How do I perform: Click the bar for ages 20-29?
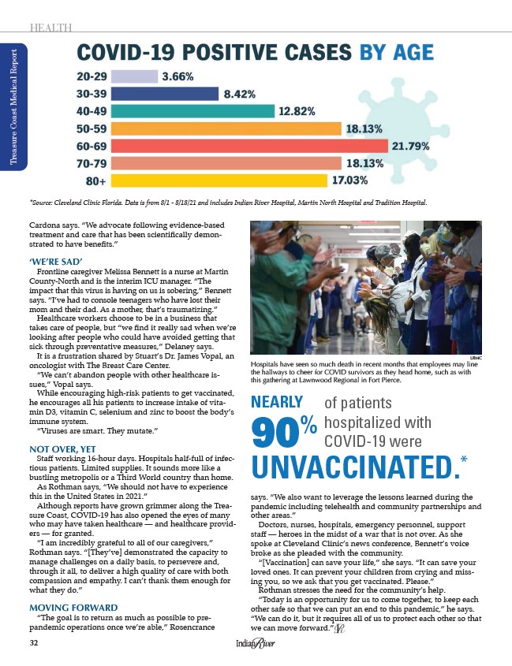[136, 77]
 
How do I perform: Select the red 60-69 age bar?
[251, 147]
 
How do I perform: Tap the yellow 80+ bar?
[220, 181]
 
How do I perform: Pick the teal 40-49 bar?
[194, 112]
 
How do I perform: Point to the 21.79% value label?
[411, 147]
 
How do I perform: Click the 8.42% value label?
[241, 95]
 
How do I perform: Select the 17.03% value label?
[350, 181]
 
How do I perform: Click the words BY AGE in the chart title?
[396, 53]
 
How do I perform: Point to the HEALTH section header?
[50, 28]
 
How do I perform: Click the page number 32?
[32, 643]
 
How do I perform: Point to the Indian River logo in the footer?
[256, 644]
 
